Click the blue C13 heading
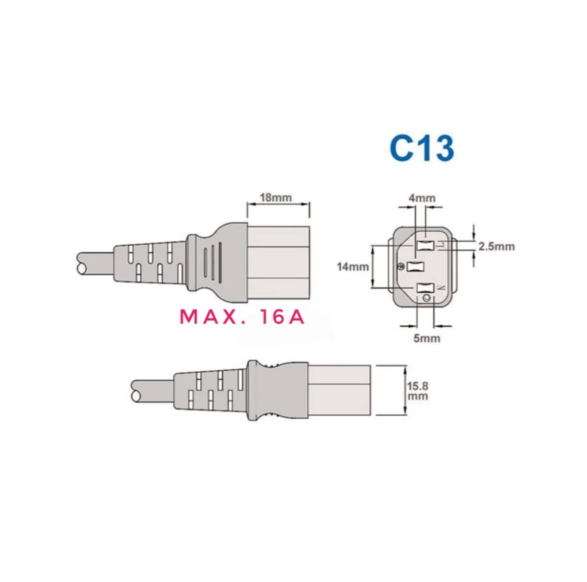coord(422,148)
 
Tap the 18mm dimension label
coord(276,198)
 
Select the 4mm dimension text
coord(422,198)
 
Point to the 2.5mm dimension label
coord(496,246)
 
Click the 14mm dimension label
coord(353,267)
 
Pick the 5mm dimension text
coord(427,338)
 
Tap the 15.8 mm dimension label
coord(418,391)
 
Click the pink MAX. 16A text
coord(242,317)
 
